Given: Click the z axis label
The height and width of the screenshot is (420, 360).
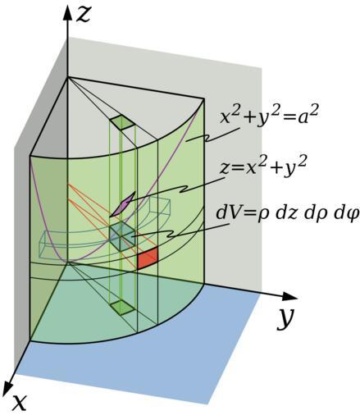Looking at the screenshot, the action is tap(83, 15).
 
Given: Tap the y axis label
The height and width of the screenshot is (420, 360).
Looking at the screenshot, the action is tap(286, 318).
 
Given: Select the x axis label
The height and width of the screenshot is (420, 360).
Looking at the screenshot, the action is tap(19, 403).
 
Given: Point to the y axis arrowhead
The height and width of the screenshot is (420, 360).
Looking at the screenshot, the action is tap(289, 296).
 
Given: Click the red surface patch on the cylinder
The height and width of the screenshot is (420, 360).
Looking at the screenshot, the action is tap(148, 258).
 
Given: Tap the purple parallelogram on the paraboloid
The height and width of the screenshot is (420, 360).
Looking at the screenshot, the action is tap(122, 204).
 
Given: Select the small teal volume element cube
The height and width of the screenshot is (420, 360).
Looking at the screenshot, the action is tap(122, 236).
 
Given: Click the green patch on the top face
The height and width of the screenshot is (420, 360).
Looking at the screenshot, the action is tap(122, 122).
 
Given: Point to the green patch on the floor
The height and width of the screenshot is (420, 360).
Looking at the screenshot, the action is tap(122, 307).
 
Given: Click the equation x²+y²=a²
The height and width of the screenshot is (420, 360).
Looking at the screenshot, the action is tap(269, 118).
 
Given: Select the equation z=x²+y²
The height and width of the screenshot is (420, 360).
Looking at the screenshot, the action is tap(263, 167).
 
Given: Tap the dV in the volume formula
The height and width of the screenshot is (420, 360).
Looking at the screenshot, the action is tap(227, 212).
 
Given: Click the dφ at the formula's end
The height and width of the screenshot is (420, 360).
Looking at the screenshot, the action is tap(346, 212).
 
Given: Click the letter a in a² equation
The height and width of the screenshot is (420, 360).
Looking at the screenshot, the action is tap(306, 119).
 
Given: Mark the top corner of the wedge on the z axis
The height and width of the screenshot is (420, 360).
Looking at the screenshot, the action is tap(67, 77).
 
